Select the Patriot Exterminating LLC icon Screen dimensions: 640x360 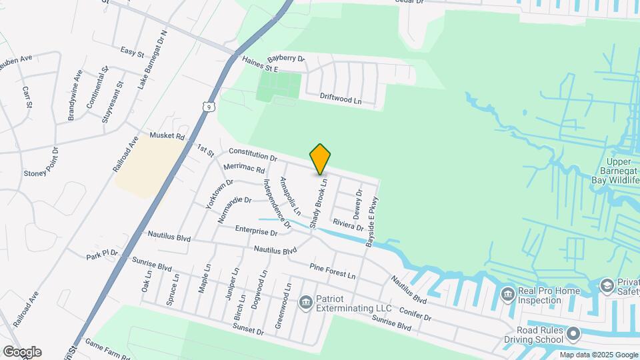tap(306, 303)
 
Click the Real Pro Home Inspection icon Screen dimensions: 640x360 tap(507, 294)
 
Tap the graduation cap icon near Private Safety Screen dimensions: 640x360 tap(607, 286)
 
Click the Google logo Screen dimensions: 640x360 tap(22, 352)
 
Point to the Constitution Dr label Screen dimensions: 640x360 tap(253, 155)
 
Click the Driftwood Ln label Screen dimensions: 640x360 tap(340, 98)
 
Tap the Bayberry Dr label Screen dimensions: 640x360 tap(285, 59)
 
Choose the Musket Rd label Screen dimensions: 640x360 tap(167, 136)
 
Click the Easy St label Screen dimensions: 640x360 tap(132, 51)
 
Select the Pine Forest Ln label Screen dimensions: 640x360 tap(332, 271)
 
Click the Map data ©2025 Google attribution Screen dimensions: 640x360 tap(598, 355)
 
